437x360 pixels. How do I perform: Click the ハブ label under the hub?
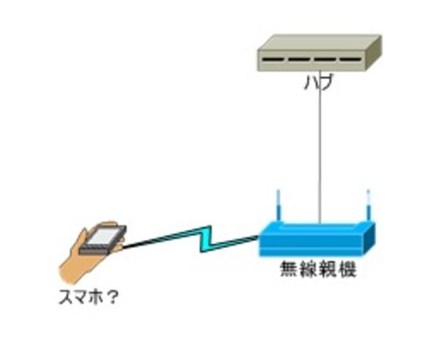click(x=318, y=83)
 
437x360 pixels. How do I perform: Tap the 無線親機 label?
click(x=318, y=269)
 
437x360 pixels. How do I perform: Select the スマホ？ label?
click(x=88, y=297)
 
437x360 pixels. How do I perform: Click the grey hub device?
click(x=320, y=53)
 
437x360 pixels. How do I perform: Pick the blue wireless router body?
click(x=317, y=239)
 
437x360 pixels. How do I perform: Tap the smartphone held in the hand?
click(x=103, y=239)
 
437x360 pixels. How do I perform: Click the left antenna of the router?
click(x=279, y=205)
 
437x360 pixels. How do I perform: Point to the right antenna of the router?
click(x=369, y=205)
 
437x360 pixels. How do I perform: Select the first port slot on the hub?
click(x=273, y=60)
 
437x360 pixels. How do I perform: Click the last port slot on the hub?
click(x=350, y=60)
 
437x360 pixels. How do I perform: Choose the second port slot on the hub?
click(x=299, y=60)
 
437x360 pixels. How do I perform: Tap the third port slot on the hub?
click(x=325, y=60)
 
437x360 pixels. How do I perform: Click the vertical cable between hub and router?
click(x=320, y=147)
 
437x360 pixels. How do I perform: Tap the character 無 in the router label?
click(x=289, y=269)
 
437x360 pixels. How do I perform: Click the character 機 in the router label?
click(x=348, y=269)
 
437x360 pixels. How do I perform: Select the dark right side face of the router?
click(x=370, y=239)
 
